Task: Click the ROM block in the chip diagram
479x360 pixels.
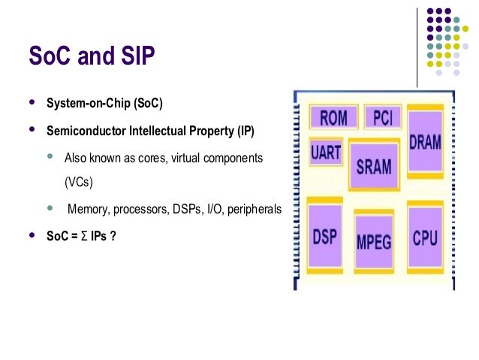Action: click(x=333, y=118)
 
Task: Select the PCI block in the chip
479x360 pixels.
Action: click(x=383, y=117)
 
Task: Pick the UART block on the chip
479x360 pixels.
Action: click(x=327, y=153)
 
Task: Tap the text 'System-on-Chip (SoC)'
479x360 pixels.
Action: click(x=104, y=103)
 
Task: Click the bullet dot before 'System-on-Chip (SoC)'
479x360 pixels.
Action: click(x=31, y=102)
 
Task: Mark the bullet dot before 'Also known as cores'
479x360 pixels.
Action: click(x=50, y=157)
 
